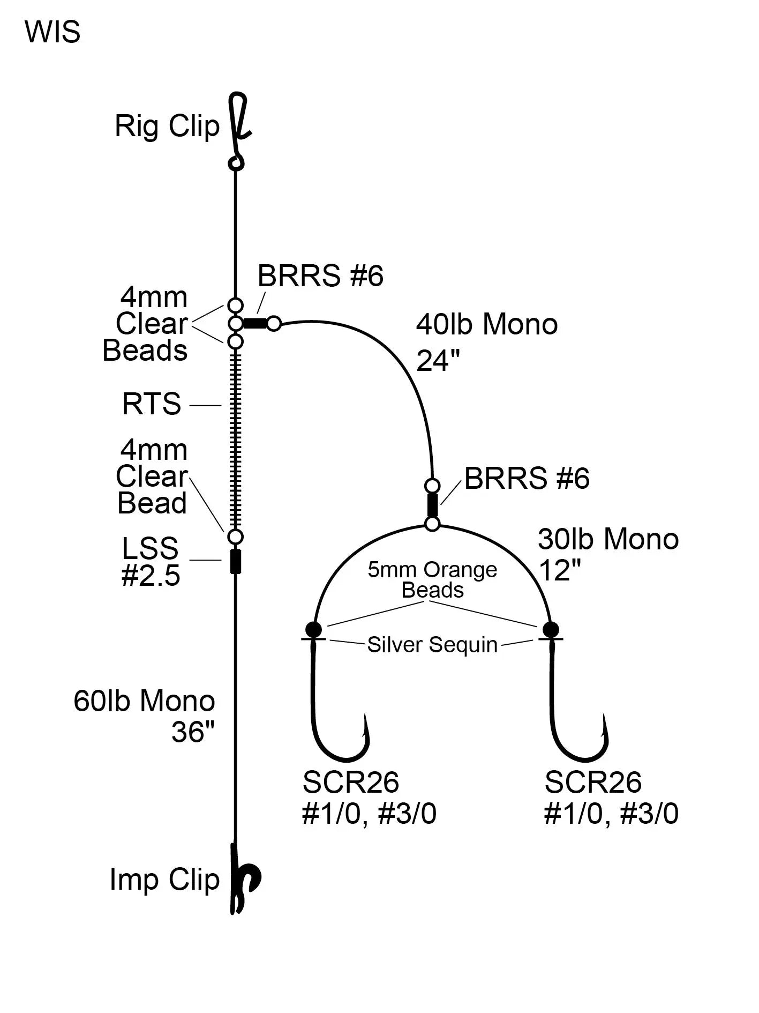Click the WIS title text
pos(52,32)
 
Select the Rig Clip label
pos(167,126)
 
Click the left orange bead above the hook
pos(313,629)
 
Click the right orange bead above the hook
pos(551,629)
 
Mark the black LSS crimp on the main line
pos(235,561)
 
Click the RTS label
pos(152,404)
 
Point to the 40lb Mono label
pos(486,324)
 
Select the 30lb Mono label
pos(608,539)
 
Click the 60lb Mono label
pos(144,701)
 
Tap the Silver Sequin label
pos(432,644)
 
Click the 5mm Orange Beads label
pos(432,579)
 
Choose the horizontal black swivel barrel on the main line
pos(255,323)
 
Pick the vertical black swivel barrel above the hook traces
pos(432,504)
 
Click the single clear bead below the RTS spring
pos(235,537)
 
